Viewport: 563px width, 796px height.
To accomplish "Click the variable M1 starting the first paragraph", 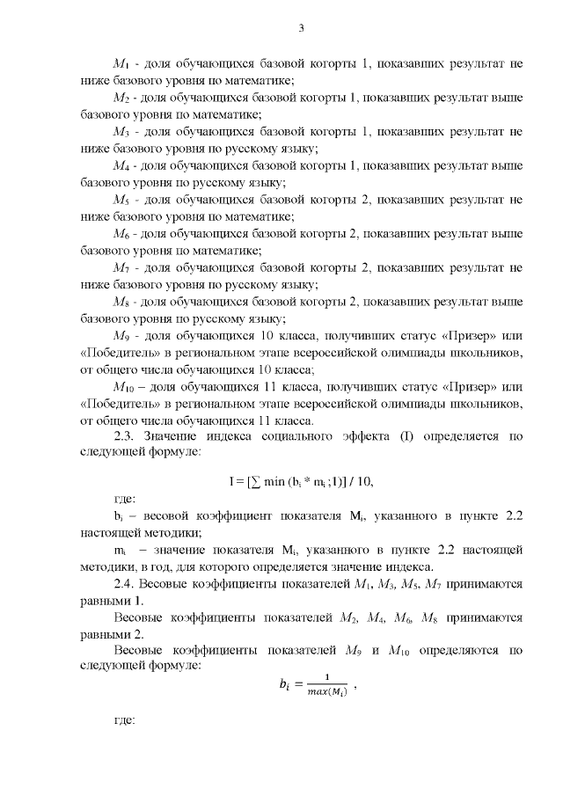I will tap(121, 64).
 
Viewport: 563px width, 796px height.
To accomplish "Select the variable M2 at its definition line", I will tap(121, 98).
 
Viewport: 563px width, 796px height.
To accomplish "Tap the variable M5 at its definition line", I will tap(121, 201).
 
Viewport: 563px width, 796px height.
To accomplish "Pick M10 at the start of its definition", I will tap(123, 388).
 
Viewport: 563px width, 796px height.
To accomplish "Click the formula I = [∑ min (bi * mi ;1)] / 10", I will tap(300, 479).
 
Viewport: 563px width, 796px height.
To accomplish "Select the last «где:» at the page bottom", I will tap(125, 721).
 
